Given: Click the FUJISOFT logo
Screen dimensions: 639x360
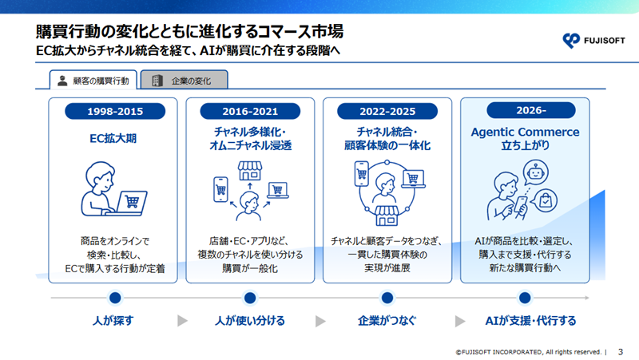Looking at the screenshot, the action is [x=593, y=41].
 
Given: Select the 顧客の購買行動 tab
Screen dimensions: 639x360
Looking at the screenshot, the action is [x=93, y=80].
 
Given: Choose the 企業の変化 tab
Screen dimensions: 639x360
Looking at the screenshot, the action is [x=185, y=80].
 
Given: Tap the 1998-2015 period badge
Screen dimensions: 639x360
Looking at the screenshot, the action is [x=115, y=111].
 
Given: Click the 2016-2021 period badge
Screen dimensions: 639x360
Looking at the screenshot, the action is [x=250, y=111].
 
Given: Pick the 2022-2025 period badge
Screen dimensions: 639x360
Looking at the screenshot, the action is [x=387, y=111].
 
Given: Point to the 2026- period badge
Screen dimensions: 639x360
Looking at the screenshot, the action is [x=531, y=110].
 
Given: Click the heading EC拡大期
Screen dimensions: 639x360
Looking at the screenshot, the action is [x=113, y=138].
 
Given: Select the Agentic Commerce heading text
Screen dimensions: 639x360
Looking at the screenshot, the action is [x=525, y=132].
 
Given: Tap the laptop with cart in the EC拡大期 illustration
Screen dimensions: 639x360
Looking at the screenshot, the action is [x=132, y=202].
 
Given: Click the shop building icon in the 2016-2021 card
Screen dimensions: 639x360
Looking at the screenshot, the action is [x=250, y=171].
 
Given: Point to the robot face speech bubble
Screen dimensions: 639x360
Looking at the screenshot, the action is [x=535, y=172].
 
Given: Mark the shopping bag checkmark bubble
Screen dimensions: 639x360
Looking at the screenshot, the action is [x=545, y=200].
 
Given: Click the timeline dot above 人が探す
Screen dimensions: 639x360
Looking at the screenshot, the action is [x=115, y=298].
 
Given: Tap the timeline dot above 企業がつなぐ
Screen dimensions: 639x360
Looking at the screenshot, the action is [x=387, y=298].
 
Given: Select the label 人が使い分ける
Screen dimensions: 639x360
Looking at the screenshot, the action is [x=250, y=321].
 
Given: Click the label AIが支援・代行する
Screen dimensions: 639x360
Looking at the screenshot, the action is [x=530, y=321].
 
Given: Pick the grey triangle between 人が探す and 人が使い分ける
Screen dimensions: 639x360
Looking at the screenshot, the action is [x=182, y=321].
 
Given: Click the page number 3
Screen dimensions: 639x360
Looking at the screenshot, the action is [x=621, y=351].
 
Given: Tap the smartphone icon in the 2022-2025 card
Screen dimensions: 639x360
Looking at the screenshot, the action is [x=362, y=173].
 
